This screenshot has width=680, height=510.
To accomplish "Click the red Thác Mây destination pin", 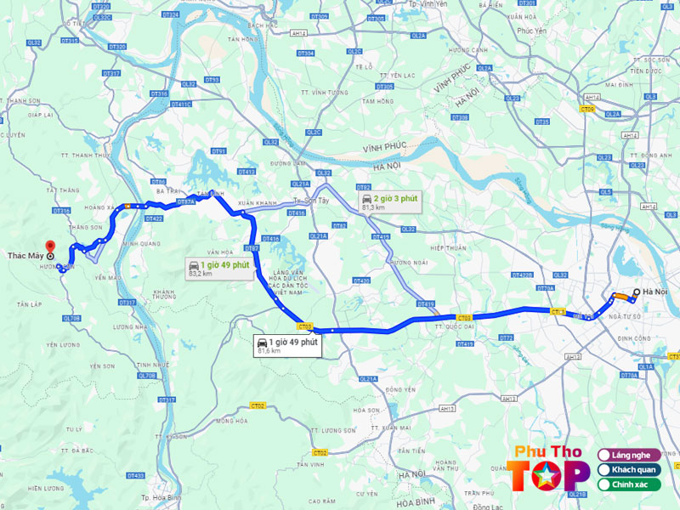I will click(51, 246).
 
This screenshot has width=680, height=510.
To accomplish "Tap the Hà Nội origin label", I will click(655, 292).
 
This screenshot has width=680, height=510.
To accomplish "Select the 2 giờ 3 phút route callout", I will click(390, 201).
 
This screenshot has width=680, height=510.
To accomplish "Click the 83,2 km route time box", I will click(219, 269).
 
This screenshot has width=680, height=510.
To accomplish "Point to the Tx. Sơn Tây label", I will click(310, 200).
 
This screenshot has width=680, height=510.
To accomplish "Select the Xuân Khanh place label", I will click(258, 203).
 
